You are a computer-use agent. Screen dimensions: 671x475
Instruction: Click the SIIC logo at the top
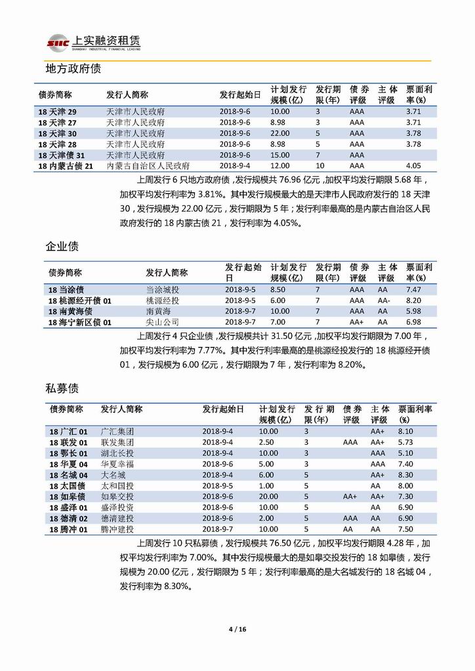pyautogui.click(x=54, y=43)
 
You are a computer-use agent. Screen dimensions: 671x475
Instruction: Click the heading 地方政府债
pyautogui.click(x=72, y=68)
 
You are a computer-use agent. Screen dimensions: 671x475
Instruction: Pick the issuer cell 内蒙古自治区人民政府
pyautogui.click(x=148, y=166)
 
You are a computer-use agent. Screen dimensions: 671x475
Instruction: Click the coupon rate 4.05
pyautogui.click(x=413, y=166)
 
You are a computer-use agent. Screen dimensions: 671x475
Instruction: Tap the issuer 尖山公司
pyautogui.click(x=162, y=322)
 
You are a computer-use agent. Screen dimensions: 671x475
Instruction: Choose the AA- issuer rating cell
pyautogui.click(x=384, y=300)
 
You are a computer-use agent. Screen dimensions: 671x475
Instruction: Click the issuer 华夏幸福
pyautogui.click(x=116, y=464)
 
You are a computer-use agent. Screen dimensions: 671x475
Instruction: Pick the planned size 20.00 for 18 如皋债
pyautogui.click(x=268, y=497)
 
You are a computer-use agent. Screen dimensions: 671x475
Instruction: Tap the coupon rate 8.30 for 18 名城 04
pyautogui.click(x=406, y=475)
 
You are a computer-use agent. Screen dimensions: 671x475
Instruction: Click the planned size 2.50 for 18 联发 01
pyautogui.click(x=266, y=443)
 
